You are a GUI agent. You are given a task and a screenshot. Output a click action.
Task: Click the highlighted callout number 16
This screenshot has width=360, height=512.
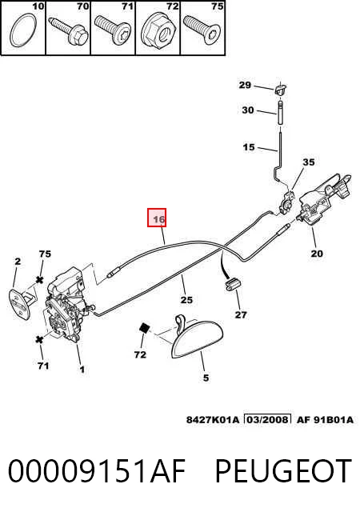click(x=158, y=219)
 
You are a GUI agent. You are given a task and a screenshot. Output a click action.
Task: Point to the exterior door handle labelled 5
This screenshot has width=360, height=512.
click(x=197, y=336)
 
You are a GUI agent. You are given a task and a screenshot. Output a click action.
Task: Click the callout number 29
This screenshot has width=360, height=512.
click(x=245, y=85)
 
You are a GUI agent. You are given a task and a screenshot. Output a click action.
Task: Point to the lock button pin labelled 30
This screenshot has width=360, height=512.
click(x=280, y=112)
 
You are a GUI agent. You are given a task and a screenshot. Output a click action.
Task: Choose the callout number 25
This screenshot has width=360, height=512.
click(x=186, y=299)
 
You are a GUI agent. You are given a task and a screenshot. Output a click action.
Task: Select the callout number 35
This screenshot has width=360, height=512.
click(x=309, y=162)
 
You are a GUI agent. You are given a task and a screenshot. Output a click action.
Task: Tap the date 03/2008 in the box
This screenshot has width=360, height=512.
click(x=268, y=419)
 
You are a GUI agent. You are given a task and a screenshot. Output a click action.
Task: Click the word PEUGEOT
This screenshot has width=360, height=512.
click(x=283, y=470)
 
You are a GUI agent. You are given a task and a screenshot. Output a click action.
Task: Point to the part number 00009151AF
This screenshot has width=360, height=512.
click(x=97, y=470)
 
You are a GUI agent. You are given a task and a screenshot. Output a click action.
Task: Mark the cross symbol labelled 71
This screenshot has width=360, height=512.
click(x=39, y=339)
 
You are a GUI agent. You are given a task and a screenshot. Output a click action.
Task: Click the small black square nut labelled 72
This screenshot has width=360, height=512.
click(x=144, y=328)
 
